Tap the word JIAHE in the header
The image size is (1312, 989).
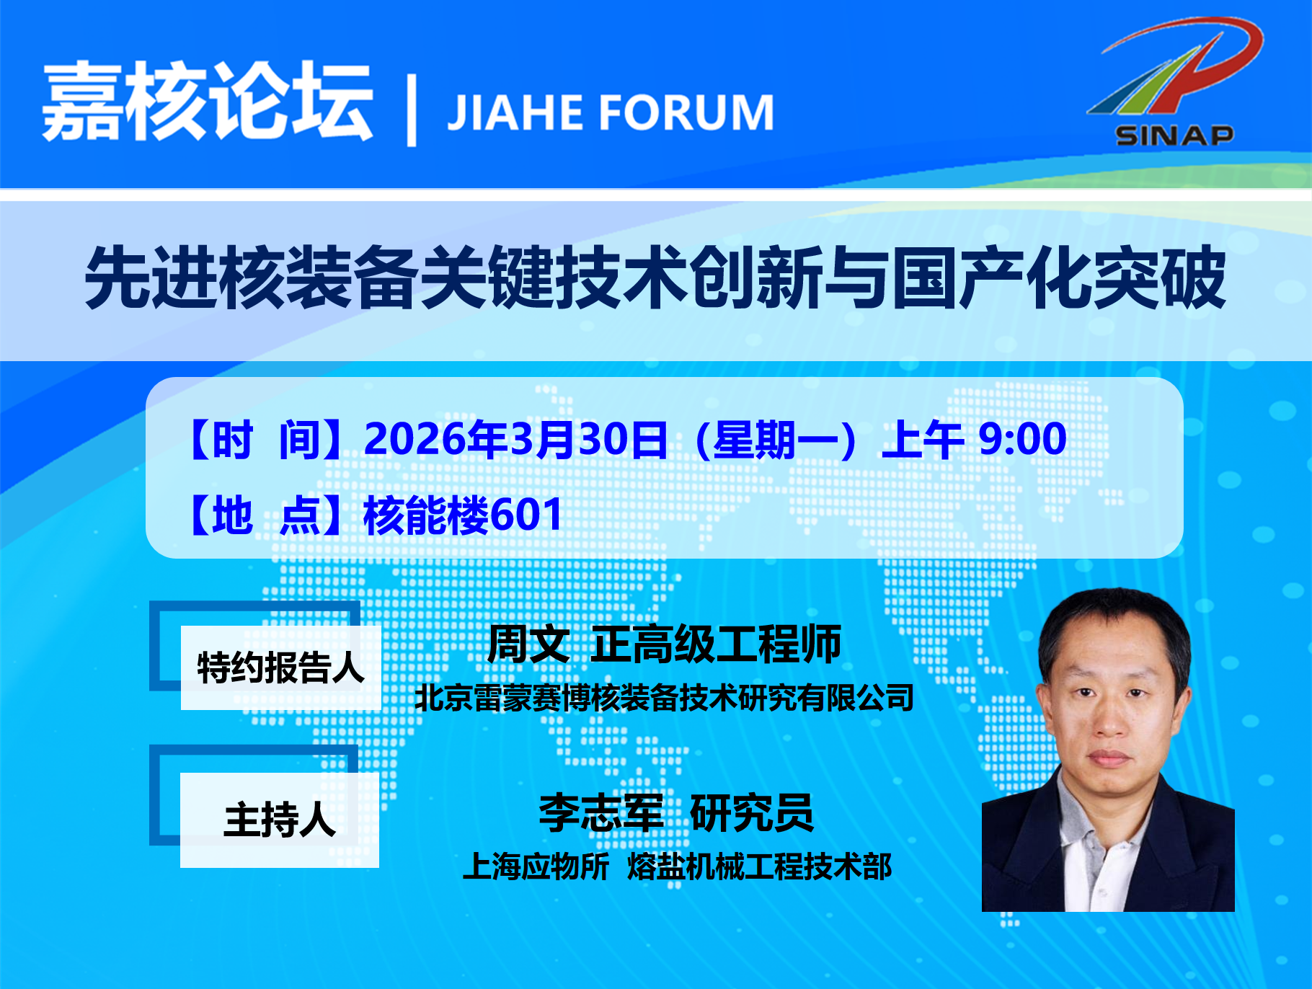pyautogui.click(x=515, y=112)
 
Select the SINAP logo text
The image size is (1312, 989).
pyautogui.click(x=1174, y=135)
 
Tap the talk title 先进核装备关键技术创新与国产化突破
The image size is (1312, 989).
pyautogui.click(x=655, y=278)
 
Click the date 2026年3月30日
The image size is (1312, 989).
pyautogui.click(x=516, y=439)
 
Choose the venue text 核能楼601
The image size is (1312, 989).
pyautogui.click(x=463, y=515)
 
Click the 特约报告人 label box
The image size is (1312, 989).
pyautogui.click(x=281, y=668)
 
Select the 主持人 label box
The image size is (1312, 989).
pyautogui.click(x=280, y=820)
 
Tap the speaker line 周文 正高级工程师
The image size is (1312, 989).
pyautogui.click(x=664, y=644)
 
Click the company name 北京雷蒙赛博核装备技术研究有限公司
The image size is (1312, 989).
pyautogui.click(x=664, y=697)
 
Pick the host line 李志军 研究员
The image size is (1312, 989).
pyautogui.click(x=676, y=812)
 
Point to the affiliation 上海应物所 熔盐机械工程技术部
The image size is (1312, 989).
pyautogui.click(x=677, y=866)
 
